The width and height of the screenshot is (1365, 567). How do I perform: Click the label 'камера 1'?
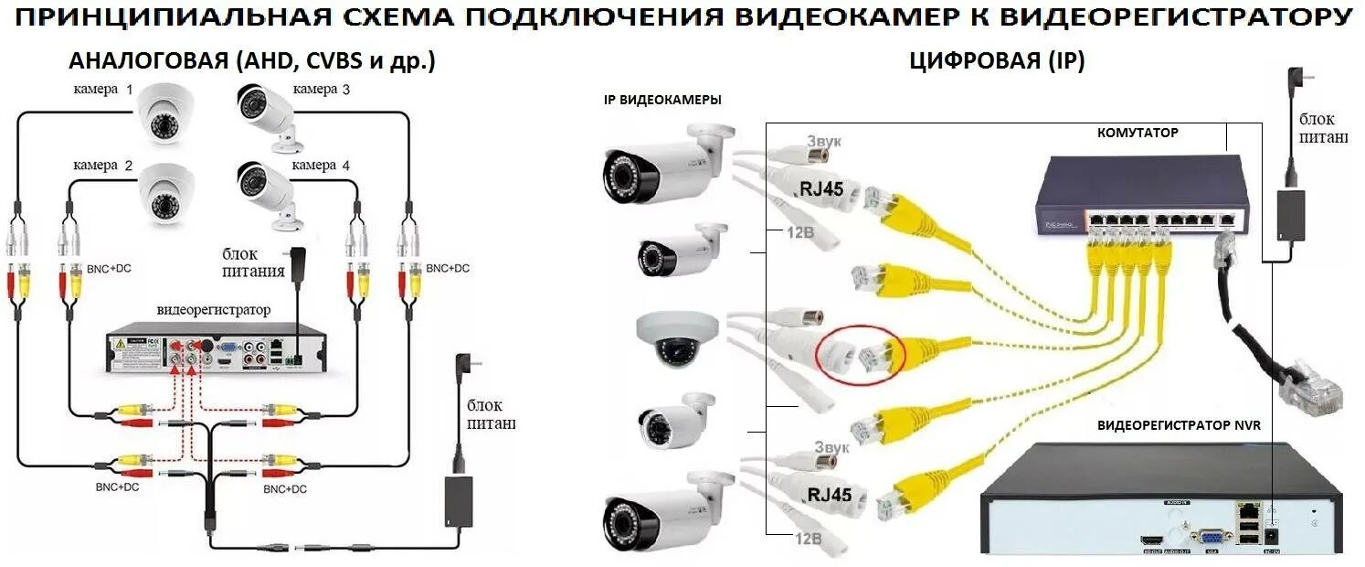(103, 90)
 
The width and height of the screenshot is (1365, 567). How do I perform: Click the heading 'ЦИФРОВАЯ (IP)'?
(997, 61)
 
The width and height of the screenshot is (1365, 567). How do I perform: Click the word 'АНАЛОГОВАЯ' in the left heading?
(149, 61)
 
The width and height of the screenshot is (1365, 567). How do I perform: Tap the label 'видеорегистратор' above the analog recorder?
(214, 309)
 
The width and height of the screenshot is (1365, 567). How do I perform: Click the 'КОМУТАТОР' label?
(1137, 133)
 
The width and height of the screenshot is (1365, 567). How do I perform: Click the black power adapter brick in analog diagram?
(457, 501)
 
